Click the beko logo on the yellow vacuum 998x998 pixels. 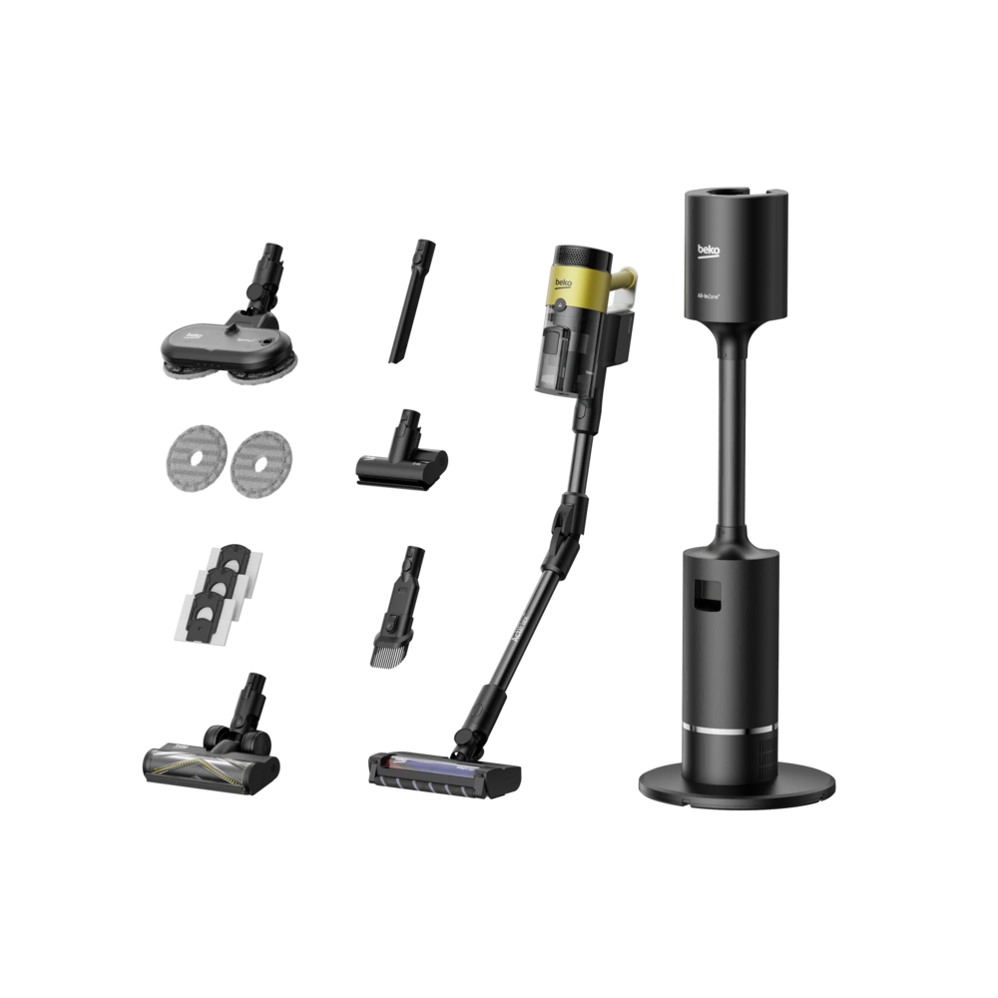coord(561,285)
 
